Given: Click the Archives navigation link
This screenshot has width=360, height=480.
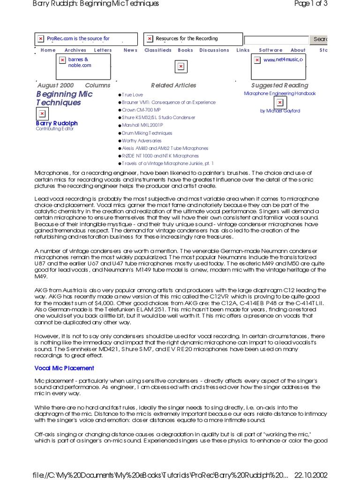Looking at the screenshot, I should click(x=75, y=50).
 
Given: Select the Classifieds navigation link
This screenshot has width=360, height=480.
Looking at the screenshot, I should click(x=158, y=50).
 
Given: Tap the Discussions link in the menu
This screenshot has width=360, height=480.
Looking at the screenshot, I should click(x=214, y=50).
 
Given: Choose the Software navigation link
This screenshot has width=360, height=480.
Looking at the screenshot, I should click(x=270, y=50).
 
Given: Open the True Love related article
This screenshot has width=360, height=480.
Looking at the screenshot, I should click(x=132, y=95).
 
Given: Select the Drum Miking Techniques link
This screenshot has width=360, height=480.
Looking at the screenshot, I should click(x=147, y=133).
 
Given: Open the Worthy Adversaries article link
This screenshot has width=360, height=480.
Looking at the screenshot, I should click(x=142, y=141).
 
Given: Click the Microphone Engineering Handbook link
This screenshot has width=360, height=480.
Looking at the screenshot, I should click(x=280, y=93).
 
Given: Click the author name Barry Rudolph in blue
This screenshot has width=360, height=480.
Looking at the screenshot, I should click(x=57, y=123).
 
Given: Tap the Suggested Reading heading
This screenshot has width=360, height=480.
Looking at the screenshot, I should click(x=279, y=85).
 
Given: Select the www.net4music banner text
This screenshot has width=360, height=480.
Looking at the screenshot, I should click(x=283, y=60).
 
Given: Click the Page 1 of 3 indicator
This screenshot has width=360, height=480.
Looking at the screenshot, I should click(x=310, y=4).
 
